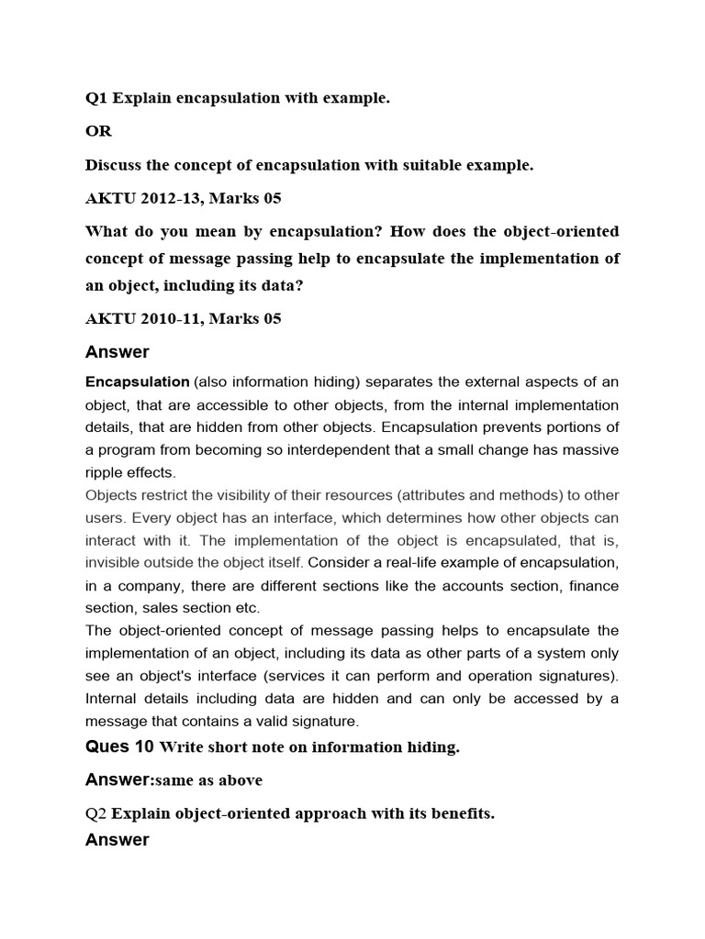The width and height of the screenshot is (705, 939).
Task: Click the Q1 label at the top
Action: [x=95, y=98]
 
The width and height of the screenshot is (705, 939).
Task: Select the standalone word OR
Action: [x=98, y=131]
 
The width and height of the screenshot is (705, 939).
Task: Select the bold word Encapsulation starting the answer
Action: [x=137, y=381]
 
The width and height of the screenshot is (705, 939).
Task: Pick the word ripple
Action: [x=104, y=472]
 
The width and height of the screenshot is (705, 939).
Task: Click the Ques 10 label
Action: [x=119, y=746]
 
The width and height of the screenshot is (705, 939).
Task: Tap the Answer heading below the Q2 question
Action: [x=117, y=840]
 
